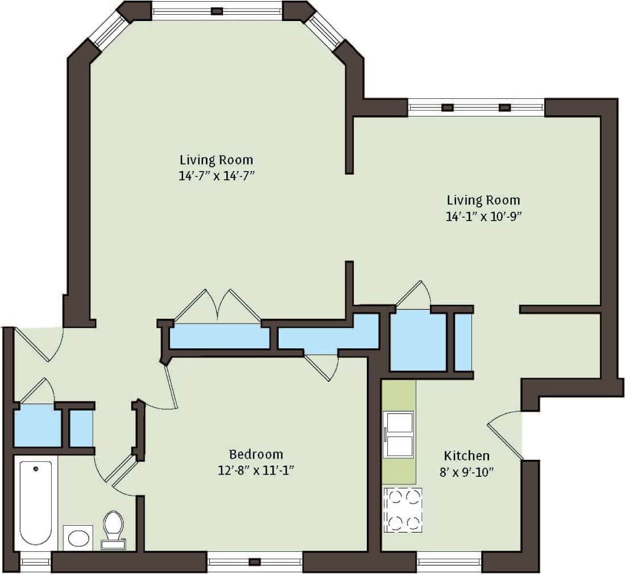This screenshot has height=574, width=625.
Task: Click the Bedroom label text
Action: click(255, 455)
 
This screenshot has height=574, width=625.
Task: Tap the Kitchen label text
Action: click(466, 456)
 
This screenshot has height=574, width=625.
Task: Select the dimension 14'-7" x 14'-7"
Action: click(216, 176)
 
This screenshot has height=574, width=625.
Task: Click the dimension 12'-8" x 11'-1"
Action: click(255, 470)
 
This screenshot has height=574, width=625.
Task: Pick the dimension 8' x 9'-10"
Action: click(466, 472)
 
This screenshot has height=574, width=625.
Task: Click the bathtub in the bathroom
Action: click(36, 504)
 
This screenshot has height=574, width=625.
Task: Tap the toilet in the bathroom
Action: click(113, 528)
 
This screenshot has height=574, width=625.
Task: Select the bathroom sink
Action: click(78, 537)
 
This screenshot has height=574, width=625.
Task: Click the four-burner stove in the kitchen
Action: click(403, 510)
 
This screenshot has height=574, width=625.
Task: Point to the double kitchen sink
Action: click(399, 435)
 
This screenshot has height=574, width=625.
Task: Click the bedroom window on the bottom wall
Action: click(254, 562)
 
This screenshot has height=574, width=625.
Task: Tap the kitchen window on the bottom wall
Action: click(449, 562)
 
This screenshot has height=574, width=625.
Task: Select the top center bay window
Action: click(217, 10)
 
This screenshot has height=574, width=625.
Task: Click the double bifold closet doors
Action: click(217, 307)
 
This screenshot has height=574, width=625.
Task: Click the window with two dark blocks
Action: click(476, 107)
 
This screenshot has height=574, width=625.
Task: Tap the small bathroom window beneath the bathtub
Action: click(36, 562)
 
